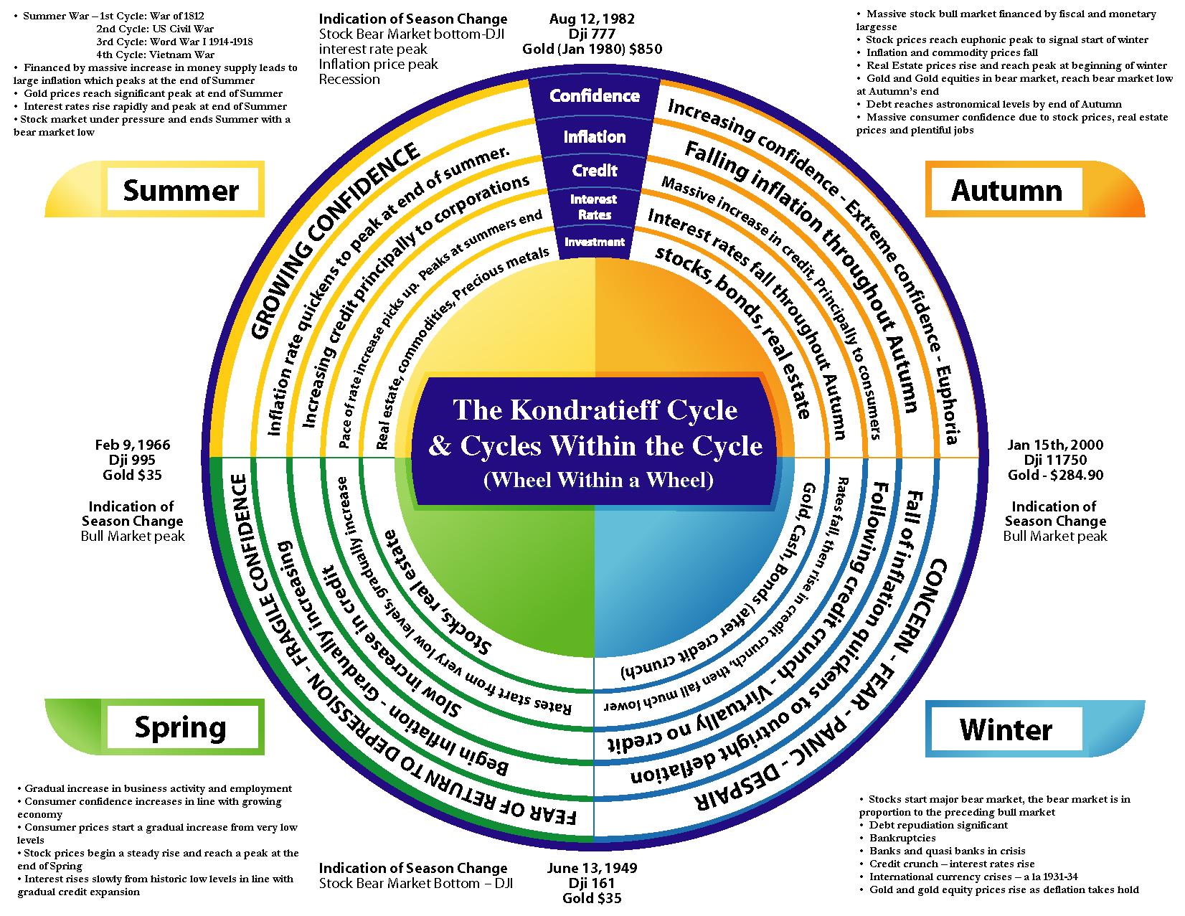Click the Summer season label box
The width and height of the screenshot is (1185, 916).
coord(181,191)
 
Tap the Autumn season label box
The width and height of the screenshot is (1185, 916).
coord(1006,191)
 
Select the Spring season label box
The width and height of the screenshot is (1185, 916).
coord(181,727)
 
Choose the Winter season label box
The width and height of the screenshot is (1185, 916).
coord(1006,729)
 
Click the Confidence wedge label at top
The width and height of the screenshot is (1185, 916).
coord(594,95)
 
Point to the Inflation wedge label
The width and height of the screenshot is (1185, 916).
coord(594,136)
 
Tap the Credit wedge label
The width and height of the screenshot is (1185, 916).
coord(594,171)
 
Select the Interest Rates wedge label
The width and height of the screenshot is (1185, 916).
coord(594,207)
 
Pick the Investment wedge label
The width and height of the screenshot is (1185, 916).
coord(594,242)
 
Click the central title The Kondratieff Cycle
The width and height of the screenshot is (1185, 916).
coord(595,410)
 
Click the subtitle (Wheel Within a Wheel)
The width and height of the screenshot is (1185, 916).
coord(598,480)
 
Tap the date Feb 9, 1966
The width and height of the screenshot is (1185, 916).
coord(133,445)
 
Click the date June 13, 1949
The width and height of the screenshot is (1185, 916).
coord(592,868)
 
